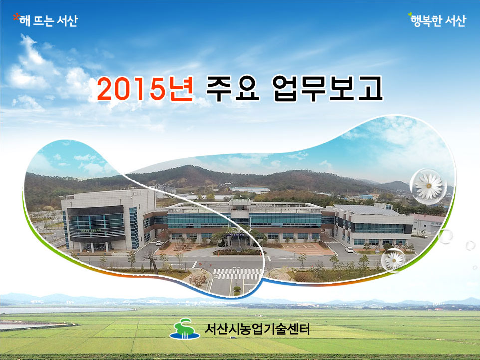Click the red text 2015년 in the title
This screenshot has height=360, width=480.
point(145,89)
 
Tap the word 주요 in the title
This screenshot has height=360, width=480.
point(233,89)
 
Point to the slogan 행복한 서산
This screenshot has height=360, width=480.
point(438,21)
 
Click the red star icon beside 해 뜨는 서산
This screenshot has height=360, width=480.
point(16,17)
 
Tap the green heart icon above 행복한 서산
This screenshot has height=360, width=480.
point(410,14)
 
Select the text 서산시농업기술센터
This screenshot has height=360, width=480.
point(257,329)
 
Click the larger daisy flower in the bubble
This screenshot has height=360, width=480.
point(429,186)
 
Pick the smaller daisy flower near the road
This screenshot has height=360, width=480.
point(394,261)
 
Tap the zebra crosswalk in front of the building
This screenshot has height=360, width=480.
point(238,274)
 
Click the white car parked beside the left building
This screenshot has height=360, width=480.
point(159,243)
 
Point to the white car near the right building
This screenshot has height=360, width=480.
point(349,250)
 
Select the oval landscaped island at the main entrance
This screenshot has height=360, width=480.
point(240,252)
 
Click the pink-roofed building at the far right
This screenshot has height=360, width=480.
point(428,224)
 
